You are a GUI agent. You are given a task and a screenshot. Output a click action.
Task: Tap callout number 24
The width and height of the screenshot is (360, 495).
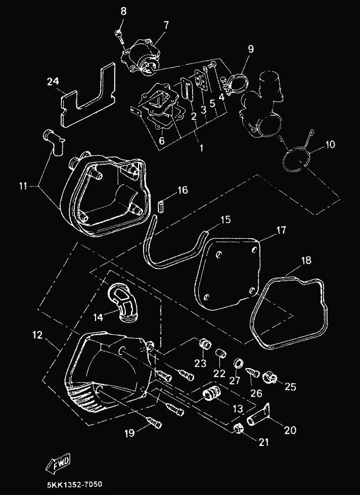point(53,82)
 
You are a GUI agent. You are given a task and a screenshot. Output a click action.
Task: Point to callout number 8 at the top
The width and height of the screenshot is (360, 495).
point(123,11)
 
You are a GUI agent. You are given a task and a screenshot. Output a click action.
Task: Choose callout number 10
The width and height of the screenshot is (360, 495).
point(330,145)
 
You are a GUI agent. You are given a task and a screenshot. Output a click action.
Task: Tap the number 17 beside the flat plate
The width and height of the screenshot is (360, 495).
point(281,230)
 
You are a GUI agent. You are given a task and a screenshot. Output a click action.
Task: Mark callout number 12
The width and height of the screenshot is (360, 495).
point(37,335)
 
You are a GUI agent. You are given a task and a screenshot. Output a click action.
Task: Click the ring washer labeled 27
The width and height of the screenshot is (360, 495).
point(238,364)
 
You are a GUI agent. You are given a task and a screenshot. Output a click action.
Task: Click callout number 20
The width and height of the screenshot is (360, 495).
point(291,430)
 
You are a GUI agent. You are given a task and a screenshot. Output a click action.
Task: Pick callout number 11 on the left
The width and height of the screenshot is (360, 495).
point(23,186)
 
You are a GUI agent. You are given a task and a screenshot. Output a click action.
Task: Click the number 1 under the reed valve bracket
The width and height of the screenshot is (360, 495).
point(201,148)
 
